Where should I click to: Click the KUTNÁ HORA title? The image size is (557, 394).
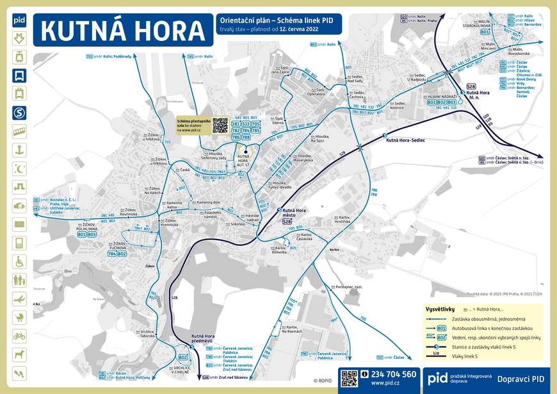123,30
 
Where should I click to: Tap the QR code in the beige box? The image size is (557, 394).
220,124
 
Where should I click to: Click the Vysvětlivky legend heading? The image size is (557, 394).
440,309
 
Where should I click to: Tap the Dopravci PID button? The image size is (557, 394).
520,379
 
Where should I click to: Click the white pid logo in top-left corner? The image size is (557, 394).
19,20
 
